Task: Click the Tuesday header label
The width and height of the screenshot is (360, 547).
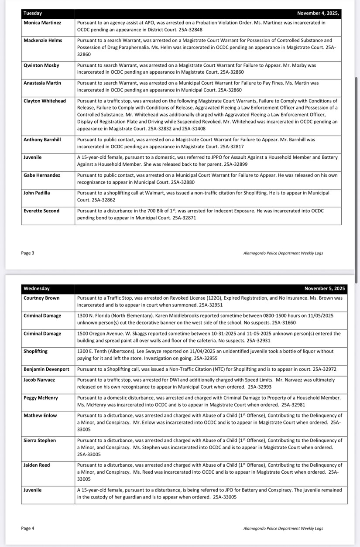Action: [x=33, y=14]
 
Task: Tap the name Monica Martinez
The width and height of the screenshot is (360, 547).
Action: [x=42, y=23]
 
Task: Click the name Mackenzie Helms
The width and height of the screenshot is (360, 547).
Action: [x=43, y=41]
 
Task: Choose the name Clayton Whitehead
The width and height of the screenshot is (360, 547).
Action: [x=45, y=101]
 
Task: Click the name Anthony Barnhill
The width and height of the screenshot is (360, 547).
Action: [x=42, y=140]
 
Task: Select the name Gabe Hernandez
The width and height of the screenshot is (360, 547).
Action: [x=42, y=175]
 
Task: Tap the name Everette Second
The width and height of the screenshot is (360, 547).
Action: [x=41, y=211]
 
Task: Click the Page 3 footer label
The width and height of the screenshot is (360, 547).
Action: [x=27, y=253]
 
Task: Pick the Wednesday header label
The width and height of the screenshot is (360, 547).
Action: [x=37, y=289]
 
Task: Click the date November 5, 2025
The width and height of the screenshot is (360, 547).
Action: [x=325, y=289]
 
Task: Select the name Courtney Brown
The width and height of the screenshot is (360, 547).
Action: [x=41, y=298]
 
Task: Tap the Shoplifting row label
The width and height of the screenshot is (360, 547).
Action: [x=36, y=352]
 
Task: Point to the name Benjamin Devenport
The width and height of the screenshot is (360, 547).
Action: [x=46, y=369]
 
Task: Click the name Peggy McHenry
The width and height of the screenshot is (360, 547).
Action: [x=40, y=398]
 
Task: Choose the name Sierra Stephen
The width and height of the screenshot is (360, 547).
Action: [x=40, y=441]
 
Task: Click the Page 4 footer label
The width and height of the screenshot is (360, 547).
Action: [x=27, y=529]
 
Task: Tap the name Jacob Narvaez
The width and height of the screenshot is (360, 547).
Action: [x=40, y=380]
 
